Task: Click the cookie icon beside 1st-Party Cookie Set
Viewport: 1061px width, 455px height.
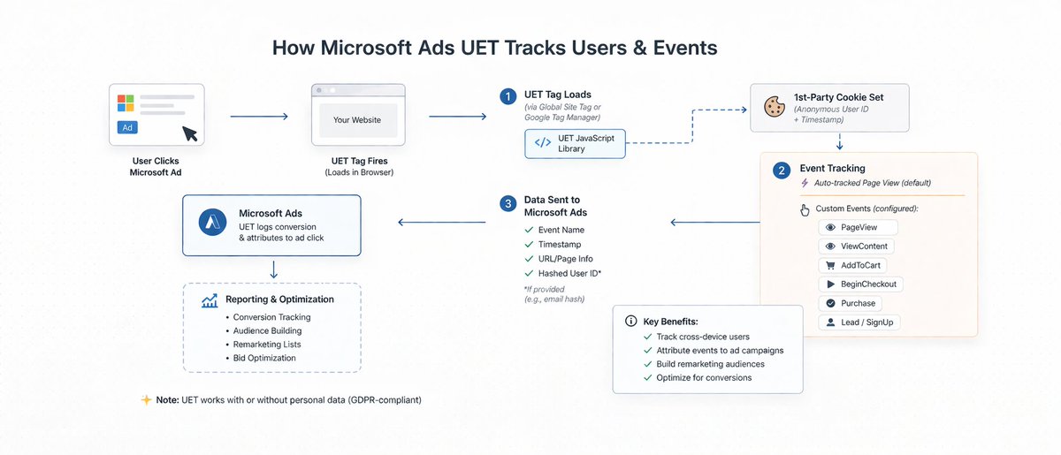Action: (x=775, y=107)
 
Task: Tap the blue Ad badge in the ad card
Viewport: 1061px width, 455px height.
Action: (x=127, y=127)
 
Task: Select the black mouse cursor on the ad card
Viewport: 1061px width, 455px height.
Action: (x=190, y=133)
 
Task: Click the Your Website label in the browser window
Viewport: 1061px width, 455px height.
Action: (x=356, y=120)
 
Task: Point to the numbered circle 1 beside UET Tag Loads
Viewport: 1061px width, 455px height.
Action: (x=508, y=96)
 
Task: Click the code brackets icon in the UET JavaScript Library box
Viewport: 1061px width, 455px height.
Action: (x=543, y=142)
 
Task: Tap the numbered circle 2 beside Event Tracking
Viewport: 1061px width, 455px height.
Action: (x=782, y=171)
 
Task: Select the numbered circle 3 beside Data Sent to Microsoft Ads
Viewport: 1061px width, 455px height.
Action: (x=508, y=204)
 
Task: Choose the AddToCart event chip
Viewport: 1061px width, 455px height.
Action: (x=852, y=265)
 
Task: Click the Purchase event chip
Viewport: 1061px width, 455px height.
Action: (x=851, y=303)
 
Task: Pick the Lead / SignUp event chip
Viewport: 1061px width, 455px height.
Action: (x=859, y=322)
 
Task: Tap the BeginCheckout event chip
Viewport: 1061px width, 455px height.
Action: (x=860, y=284)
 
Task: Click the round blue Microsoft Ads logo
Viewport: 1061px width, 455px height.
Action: (x=212, y=222)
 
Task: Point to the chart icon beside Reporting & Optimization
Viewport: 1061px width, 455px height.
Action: (x=210, y=300)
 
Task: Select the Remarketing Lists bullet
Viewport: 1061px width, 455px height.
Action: (x=267, y=345)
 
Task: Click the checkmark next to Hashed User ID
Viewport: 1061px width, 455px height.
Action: (x=529, y=273)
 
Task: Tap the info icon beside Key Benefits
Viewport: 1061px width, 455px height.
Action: (x=631, y=321)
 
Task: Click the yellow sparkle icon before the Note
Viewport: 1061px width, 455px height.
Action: (x=147, y=399)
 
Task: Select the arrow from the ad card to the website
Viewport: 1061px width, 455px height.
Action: (x=259, y=117)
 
